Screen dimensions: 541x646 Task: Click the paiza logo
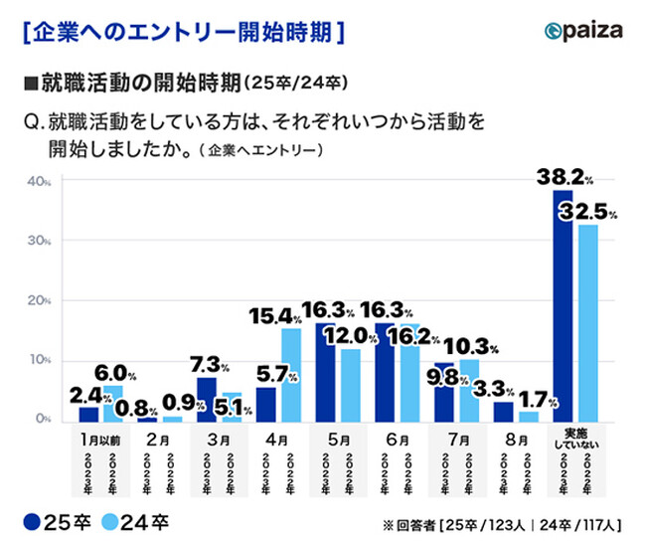[x=583, y=29]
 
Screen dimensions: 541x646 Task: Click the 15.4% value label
[x=273, y=316]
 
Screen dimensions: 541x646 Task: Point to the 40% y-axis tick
[x=39, y=181]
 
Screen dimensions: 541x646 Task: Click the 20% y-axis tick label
[x=39, y=300]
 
